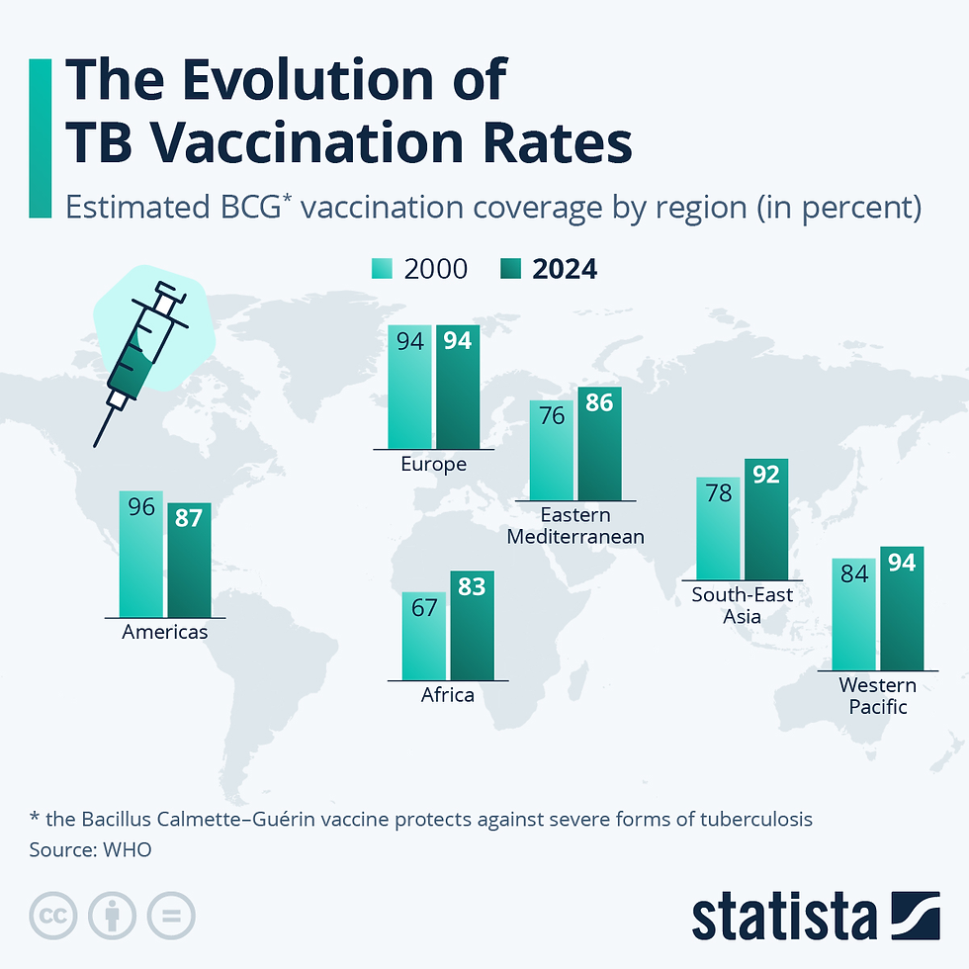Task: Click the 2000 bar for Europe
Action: click(409, 388)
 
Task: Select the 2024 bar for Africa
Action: click(472, 626)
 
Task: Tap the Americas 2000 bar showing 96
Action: click(140, 554)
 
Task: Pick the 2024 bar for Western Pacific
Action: click(902, 609)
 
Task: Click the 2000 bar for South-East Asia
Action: click(718, 528)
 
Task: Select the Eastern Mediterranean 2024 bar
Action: click(599, 444)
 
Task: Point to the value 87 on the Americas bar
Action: click(189, 518)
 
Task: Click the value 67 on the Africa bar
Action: click(424, 607)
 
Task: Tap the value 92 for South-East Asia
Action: click(766, 474)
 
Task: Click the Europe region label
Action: click(433, 464)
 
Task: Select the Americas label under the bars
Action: click(165, 632)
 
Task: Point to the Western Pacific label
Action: click(877, 696)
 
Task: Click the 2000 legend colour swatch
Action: click(383, 269)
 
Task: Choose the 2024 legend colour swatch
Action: click(512, 269)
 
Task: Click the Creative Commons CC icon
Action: click(53, 916)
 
